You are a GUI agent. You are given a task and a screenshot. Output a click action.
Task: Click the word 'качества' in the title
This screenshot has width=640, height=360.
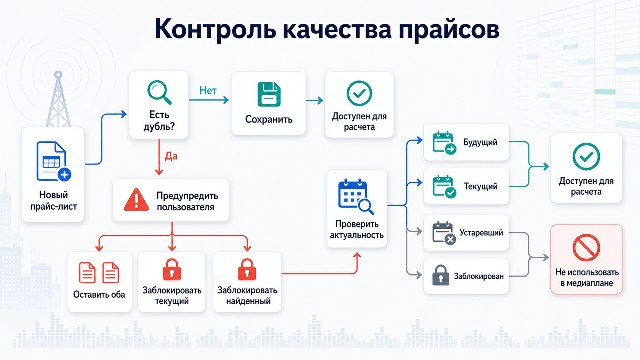(x=337, y=29)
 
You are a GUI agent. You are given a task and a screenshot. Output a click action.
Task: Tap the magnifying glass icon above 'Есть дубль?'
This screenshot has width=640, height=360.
(x=159, y=93)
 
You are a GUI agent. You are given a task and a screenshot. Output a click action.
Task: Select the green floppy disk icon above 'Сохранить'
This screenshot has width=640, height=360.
(x=269, y=94)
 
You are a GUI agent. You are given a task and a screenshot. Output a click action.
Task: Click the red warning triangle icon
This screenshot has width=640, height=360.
(x=136, y=200)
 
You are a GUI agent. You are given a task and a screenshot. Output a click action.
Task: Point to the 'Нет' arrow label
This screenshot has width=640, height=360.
(x=208, y=91)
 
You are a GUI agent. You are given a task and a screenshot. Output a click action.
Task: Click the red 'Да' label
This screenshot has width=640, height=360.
(x=171, y=156)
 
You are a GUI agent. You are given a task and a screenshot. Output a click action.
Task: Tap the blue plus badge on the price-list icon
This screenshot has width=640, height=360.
(x=64, y=174)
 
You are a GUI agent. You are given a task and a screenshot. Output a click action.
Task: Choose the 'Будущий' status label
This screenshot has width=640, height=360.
(x=480, y=142)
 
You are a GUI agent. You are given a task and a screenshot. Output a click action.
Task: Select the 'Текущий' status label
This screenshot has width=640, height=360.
(x=480, y=186)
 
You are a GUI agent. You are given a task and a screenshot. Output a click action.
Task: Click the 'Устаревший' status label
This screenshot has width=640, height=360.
(x=481, y=233)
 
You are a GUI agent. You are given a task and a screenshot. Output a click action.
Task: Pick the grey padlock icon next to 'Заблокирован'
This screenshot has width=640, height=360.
(x=441, y=275)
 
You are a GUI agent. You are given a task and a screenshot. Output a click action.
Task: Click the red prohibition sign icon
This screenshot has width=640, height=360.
(x=586, y=248)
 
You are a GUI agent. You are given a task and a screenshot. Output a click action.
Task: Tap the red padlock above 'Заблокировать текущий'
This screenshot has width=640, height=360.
(x=172, y=269)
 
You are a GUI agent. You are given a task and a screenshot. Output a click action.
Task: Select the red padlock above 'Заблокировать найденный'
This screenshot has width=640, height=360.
(x=247, y=269)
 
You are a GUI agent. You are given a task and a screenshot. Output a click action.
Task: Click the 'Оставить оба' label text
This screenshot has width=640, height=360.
(x=99, y=294)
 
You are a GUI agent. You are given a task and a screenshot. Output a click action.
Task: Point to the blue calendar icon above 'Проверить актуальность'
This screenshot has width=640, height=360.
(x=356, y=197)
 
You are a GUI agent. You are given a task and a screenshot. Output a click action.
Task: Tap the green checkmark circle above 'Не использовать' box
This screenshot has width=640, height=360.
(x=586, y=157)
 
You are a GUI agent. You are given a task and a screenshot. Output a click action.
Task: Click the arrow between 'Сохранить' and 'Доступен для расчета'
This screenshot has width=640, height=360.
(x=315, y=101)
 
